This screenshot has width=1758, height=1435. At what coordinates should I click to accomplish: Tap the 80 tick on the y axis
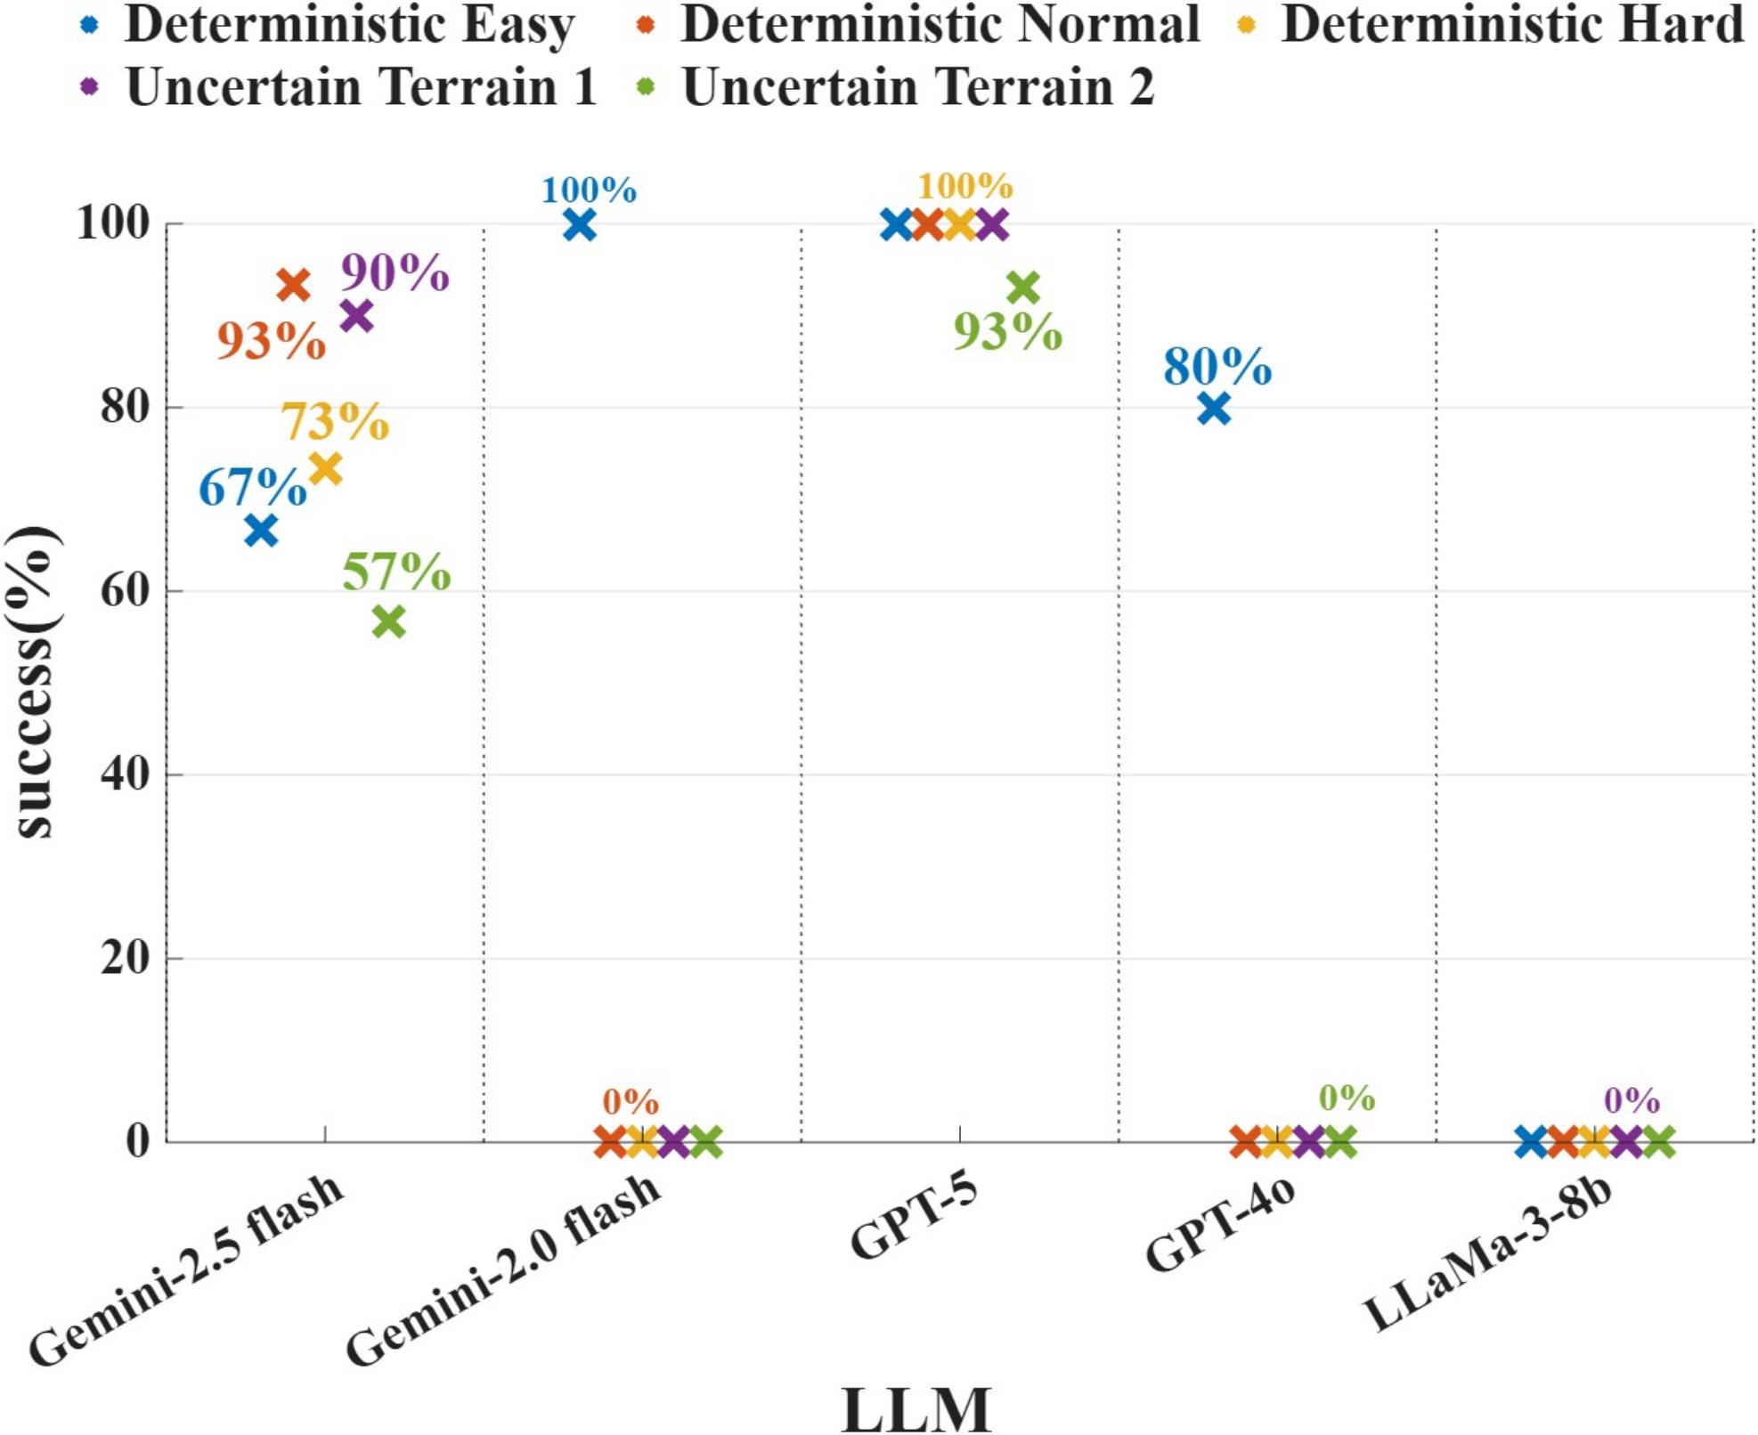tap(125, 408)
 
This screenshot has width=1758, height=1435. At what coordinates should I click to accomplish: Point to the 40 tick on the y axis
tap(125, 774)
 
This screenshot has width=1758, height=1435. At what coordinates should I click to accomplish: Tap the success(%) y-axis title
tap(36, 681)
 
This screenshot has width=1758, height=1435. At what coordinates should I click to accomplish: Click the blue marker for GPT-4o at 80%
tap(1214, 409)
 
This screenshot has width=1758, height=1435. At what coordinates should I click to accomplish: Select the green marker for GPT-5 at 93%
tap(1023, 288)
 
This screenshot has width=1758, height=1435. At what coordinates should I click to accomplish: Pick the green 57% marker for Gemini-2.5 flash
tap(388, 621)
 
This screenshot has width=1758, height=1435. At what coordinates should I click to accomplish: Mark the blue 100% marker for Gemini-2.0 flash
tap(580, 225)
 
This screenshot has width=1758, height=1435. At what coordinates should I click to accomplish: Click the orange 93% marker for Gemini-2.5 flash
tap(293, 285)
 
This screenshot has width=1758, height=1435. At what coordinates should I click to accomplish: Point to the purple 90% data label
tap(395, 272)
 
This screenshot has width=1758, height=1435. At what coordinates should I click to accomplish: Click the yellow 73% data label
tap(335, 421)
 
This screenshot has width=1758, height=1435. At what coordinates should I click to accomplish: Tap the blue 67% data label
tap(252, 487)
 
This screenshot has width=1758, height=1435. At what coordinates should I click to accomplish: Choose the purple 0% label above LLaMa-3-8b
tap(1632, 1100)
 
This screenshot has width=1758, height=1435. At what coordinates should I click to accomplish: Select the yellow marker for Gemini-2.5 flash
tap(326, 468)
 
